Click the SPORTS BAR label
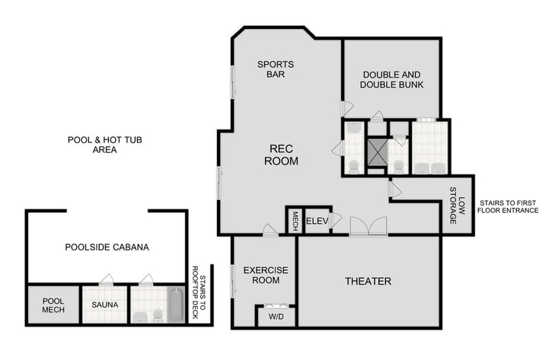coord(275,70)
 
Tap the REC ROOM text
coord(281,155)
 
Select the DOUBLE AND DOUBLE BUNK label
coord(392,79)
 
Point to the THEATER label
coord(368,282)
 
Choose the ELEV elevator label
coord(316,221)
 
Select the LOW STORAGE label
coord(457,205)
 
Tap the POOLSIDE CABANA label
coord(107,247)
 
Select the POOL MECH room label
coord(53,304)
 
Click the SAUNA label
coord(104,305)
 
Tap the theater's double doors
coord(369,227)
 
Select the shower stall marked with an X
coord(377,151)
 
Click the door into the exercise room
coord(270,230)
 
